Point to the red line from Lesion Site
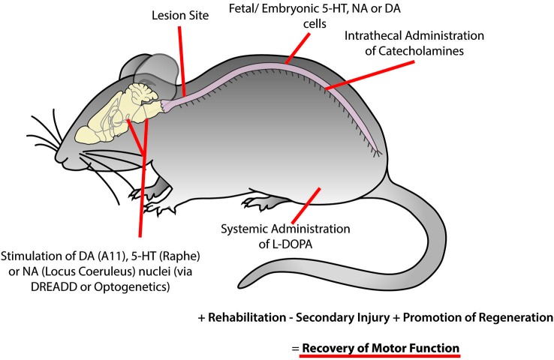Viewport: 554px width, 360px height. point(181,60)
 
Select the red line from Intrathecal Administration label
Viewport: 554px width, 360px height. point(368,79)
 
